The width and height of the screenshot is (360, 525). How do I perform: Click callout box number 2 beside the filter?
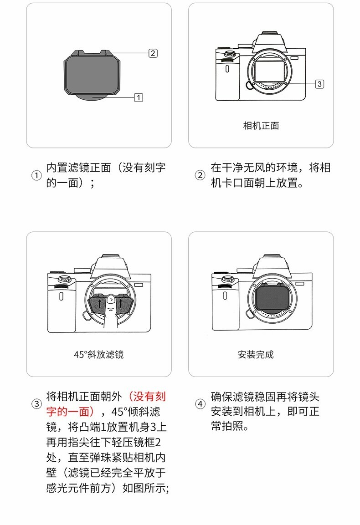pyautogui.click(x=153, y=53)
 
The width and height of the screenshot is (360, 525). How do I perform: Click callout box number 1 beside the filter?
pyautogui.click(x=139, y=97)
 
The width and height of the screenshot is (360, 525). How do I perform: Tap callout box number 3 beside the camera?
pyautogui.click(x=319, y=84)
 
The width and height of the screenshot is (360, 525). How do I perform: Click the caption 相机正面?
pyautogui.click(x=261, y=126)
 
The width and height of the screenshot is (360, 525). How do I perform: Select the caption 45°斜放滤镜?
pyautogui.click(x=98, y=355)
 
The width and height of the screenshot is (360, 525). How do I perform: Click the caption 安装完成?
pyautogui.click(x=256, y=355)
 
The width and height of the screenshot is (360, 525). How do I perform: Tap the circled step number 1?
pyautogui.click(x=36, y=175)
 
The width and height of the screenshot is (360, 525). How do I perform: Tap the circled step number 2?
pyautogui.click(x=200, y=175)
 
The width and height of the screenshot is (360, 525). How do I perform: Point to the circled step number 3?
pyautogui.click(x=36, y=404)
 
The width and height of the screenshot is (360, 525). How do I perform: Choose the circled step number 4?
pyautogui.click(x=200, y=404)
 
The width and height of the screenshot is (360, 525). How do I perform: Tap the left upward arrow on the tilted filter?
pyautogui.click(x=99, y=305)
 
